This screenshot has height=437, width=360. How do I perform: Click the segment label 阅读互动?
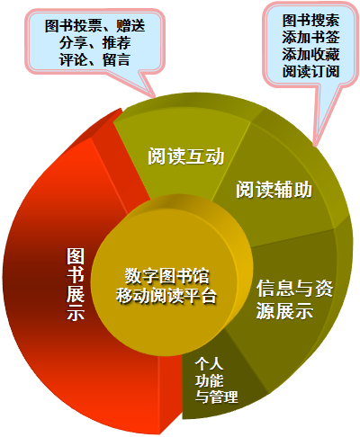coord(186,156)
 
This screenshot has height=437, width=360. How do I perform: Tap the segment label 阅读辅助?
coord(274,190)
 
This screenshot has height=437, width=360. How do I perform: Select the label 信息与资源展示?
coord(294,299)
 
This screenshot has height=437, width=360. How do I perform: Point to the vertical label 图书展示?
coord(76,284)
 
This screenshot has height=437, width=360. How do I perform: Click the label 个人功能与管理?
coord(216,380)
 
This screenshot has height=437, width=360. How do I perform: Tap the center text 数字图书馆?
coord(167,276)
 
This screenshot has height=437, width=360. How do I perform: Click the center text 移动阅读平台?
coord(166,296)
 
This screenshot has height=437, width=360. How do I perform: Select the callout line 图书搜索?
coord(310,21)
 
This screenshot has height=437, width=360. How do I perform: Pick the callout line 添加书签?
coord(310,38)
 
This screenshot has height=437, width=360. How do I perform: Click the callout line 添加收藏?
coord(310,55)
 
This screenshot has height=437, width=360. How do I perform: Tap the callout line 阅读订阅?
coord(310,72)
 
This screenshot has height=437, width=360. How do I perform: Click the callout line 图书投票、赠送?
coord(95,25)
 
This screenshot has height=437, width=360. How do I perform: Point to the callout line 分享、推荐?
coord(95,42)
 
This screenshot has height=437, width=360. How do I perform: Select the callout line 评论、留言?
coord(95,59)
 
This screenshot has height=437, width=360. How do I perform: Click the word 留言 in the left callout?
coord(117,59)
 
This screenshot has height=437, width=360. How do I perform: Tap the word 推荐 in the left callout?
coord(117,42)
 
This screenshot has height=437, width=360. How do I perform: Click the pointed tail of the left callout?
coord(155,97)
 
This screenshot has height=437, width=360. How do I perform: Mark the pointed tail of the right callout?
coord(315,146)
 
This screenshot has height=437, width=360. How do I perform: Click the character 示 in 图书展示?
coord(76,312)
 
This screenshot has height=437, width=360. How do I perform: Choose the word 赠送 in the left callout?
coord(130,25)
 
